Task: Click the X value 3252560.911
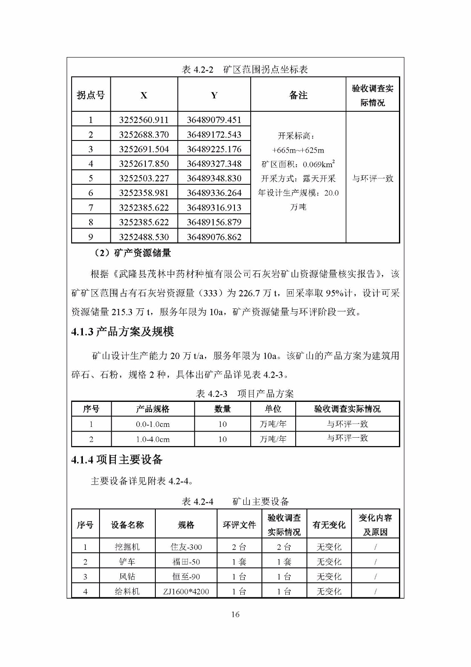pyautogui.click(x=144, y=120)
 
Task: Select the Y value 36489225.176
pyautogui.click(x=214, y=149)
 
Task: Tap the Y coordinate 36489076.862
pyautogui.click(x=214, y=237)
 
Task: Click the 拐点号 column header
pyautogui.click(x=91, y=95)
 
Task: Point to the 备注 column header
pyautogui.click(x=298, y=95)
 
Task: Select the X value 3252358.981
pyautogui.click(x=144, y=193)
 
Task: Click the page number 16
pyautogui.click(x=235, y=614)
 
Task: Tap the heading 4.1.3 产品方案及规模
pyautogui.click(x=122, y=332)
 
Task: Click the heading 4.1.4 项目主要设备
pyautogui.click(x=117, y=460)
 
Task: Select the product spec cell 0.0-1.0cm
pyautogui.click(x=153, y=424)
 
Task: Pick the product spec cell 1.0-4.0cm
pyautogui.click(x=153, y=439)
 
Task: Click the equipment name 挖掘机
pyautogui.click(x=127, y=547)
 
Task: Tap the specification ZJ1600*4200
pyautogui.click(x=186, y=591)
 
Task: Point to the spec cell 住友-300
pyautogui.click(x=186, y=547)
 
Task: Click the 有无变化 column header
pyautogui.click(x=329, y=525)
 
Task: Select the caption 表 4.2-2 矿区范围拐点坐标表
pyautogui.click(x=245, y=70)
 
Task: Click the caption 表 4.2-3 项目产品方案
pyautogui.click(x=245, y=394)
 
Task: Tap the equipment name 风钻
pyautogui.click(x=127, y=577)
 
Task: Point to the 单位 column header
pyautogui.click(x=273, y=409)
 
